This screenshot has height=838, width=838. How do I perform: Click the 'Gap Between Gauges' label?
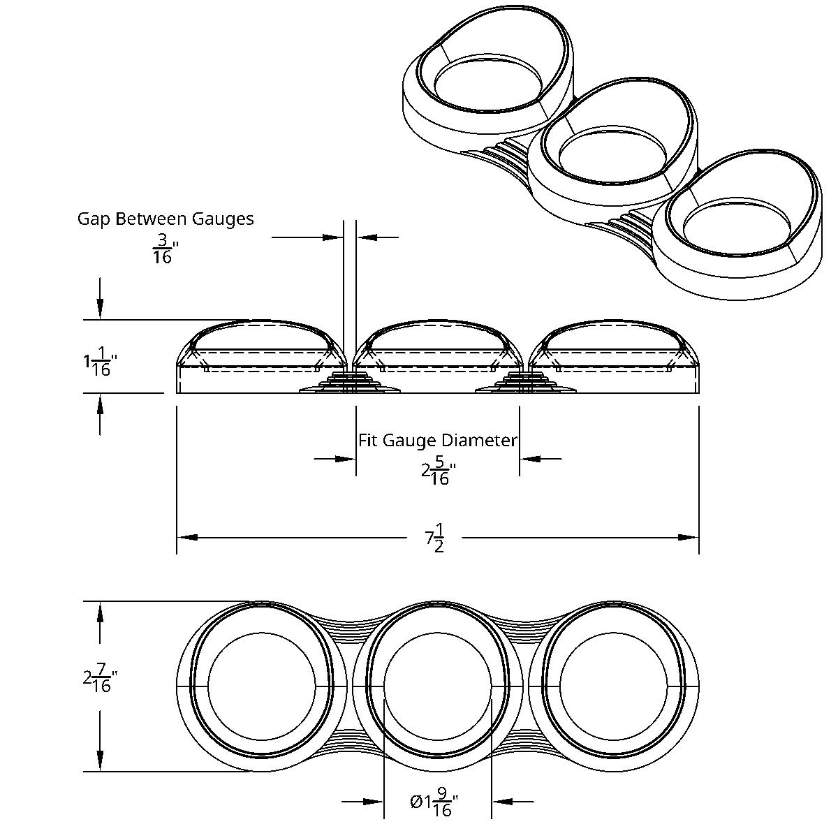(166, 219)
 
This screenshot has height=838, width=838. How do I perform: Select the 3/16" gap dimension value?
(163, 249)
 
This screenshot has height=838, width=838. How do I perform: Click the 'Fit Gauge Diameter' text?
(438, 441)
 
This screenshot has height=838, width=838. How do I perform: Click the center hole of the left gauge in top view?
(262, 686)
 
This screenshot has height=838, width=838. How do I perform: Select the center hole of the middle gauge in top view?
(438, 686)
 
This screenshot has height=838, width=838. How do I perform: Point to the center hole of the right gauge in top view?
(614, 686)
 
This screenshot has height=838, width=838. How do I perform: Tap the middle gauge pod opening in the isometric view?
(612, 154)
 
